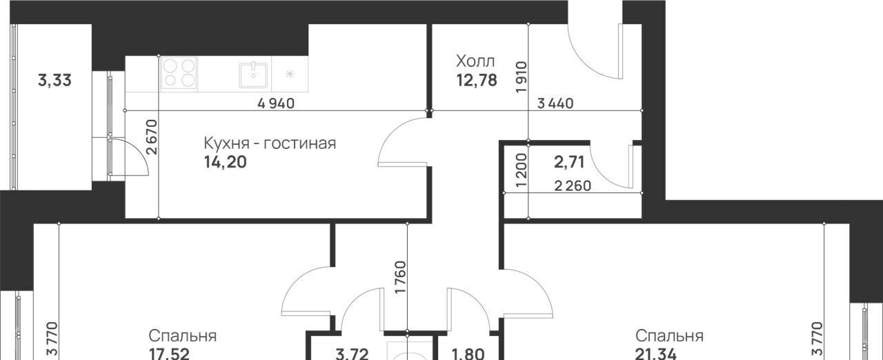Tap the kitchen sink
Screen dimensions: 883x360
[x=253, y=75]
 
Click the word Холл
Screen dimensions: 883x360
[x=475, y=61]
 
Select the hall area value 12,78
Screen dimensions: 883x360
[x=477, y=81]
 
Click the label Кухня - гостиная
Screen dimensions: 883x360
[x=270, y=143]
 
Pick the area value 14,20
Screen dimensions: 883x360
[x=226, y=162]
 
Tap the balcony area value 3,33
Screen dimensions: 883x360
[x=54, y=81]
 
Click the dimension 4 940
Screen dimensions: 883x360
[x=276, y=103]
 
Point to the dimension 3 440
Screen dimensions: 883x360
[x=555, y=103]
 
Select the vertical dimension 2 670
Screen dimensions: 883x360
[x=151, y=137]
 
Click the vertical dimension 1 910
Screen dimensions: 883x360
[x=521, y=77]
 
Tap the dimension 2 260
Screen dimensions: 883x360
[x=573, y=186]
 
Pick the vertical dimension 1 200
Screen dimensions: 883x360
[x=521, y=170]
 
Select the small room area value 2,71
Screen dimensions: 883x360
[x=569, y=162]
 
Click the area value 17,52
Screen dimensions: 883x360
[x=169, y=354]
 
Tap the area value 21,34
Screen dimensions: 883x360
[x=655, y=354]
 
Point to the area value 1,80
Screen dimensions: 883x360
[x=468, y=354]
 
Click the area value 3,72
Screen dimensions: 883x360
[x=352, y=354]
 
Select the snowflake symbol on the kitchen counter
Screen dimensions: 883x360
[x=290, y=74]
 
